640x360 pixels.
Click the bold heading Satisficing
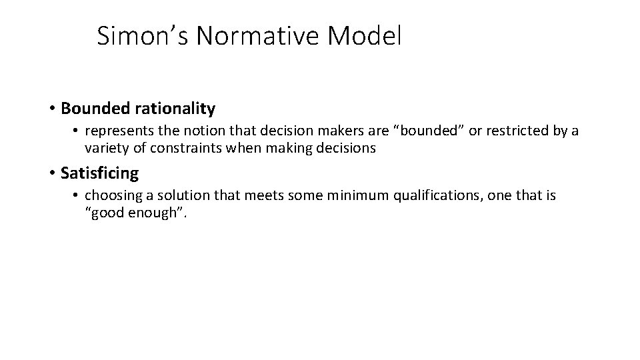point(99,173)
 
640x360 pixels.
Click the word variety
point(106,149)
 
